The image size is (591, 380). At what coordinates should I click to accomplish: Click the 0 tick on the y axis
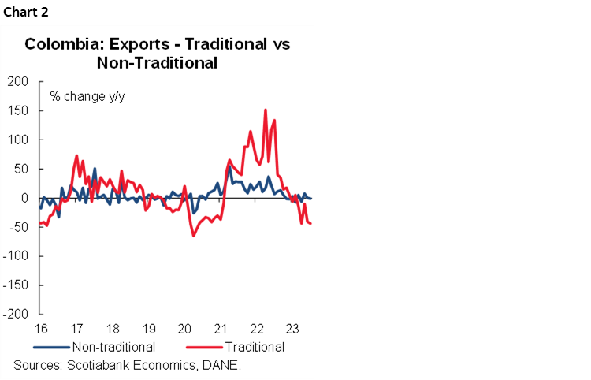(25, 198)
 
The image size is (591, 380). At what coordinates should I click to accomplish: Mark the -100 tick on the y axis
(17, 256)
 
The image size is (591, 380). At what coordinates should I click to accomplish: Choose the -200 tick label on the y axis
(17, 315)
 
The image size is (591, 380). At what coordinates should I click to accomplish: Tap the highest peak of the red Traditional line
(266, 110)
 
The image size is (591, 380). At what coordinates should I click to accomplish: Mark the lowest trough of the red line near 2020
(193, 235)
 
